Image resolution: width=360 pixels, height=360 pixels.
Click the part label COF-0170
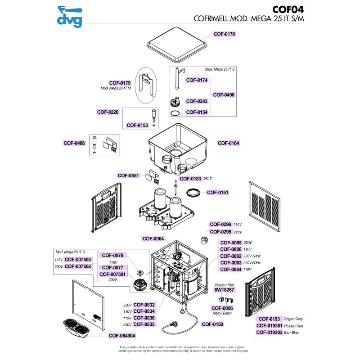tap(225, 34)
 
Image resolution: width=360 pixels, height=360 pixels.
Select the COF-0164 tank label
tap(229, 143)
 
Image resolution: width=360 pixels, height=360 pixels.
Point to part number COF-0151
tap(218, 193)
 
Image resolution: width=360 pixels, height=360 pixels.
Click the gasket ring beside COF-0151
tap(193, 192)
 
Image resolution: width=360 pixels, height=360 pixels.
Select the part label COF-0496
tap(224, 95)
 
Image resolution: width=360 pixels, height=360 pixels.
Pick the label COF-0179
tap(120, 83)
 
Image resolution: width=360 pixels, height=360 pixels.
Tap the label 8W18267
tap(224, 291)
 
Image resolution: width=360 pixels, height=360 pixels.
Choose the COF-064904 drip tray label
tap(122, 335)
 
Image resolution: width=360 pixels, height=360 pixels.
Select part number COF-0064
tap(153, 239)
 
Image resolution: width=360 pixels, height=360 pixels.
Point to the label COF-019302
tap(269, 333)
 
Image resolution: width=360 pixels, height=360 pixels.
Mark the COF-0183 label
tap(190, 179)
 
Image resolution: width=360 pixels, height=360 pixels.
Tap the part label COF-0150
tap(212, 324)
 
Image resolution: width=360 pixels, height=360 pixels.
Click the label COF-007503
tap(78, 260)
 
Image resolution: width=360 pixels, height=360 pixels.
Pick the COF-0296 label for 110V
tap(220, 224)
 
